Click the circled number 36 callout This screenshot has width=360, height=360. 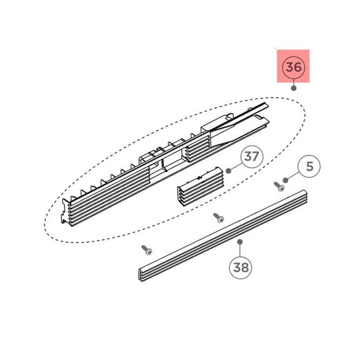point(294,66)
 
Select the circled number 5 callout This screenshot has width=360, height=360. point(311,167)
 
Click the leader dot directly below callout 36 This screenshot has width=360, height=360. point(294,89)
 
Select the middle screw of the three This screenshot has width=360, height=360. point(217,217)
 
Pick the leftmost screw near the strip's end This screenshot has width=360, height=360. point(146,249)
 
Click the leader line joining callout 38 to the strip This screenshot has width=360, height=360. point(241,249)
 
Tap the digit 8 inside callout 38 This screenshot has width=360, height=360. point(246,268)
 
